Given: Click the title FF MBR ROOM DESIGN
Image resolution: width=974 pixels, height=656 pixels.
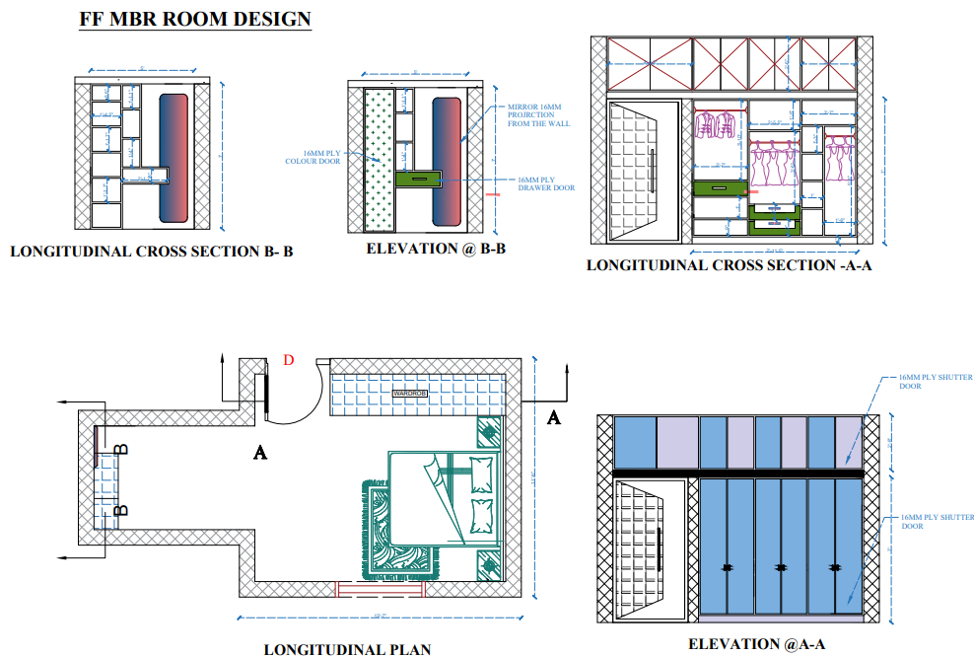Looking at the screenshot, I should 195,19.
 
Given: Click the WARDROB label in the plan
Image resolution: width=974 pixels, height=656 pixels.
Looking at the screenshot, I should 409,393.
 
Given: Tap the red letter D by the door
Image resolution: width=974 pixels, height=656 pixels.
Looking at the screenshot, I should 289,359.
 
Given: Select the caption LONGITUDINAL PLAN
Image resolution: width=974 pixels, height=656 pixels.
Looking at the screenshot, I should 347,649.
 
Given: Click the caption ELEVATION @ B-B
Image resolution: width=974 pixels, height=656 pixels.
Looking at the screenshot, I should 436,249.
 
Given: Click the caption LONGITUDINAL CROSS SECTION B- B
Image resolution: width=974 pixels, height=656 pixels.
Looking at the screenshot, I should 152,252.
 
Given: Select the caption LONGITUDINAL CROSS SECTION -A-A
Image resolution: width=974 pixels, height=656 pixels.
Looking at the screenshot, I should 729,265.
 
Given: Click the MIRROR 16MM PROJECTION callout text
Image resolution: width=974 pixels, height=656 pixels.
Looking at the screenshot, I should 534,115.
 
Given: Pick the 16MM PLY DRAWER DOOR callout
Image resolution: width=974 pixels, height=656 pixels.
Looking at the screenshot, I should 547,183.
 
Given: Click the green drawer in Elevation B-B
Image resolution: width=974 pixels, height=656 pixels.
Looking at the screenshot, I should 419,179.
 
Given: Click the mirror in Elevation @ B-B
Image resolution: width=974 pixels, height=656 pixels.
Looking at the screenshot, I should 447,159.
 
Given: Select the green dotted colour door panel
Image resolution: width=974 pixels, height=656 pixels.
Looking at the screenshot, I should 378,158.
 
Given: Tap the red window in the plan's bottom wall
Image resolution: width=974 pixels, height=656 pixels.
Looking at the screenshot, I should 380,589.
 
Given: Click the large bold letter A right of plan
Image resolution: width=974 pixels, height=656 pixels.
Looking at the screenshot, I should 553,418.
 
